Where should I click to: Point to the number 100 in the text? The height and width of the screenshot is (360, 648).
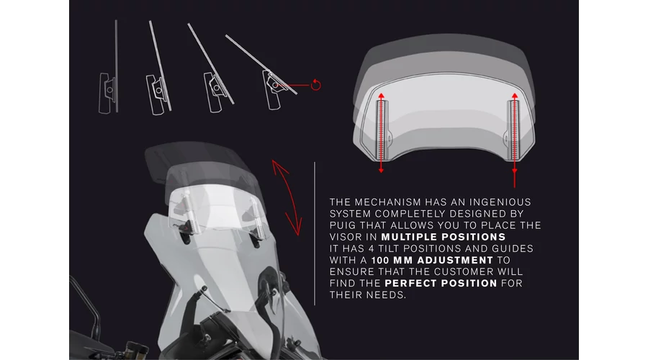[x=380, y=260]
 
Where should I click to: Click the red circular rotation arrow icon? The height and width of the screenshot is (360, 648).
[x=316, y=84]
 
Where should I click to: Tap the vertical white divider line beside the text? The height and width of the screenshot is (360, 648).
[x=315, y=233]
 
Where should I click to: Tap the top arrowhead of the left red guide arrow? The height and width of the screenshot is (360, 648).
[x=381, y=96]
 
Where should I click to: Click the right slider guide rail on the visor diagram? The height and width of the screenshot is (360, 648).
[x=513, y=130]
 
